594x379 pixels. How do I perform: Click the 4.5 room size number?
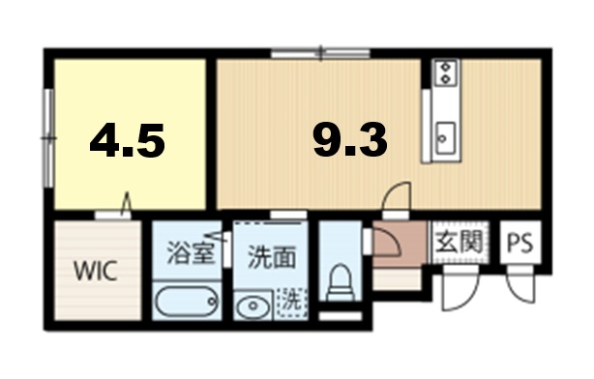(x=127, y=142)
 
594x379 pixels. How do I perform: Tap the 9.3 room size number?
(x=349, y=142)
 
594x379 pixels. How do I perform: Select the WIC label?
(x=97, y=271)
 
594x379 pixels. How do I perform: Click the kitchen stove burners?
(x=446, y=71)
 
